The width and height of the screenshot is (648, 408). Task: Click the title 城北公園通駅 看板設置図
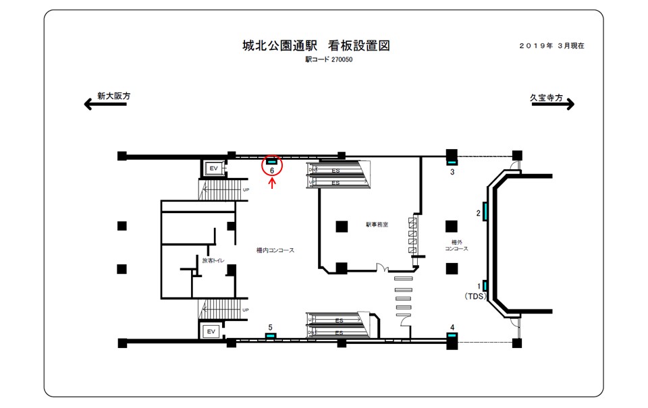(316, 46)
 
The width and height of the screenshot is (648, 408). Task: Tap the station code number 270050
(342, 59)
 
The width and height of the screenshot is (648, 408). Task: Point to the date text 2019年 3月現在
(551, 46)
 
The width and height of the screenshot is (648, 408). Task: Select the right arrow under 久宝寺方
(552, 105)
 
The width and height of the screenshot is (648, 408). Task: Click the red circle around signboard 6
(272, 166)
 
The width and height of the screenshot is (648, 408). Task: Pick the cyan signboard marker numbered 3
(452, 162)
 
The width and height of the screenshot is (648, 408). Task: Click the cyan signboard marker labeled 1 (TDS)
(485, 286)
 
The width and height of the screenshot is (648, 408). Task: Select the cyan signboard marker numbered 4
(452, 334)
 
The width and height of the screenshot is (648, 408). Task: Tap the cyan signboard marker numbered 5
(271, 335)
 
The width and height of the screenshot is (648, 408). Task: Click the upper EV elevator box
(213, 167)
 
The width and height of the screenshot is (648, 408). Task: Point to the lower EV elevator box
(211, 331)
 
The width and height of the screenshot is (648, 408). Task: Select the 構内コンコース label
(275, 250)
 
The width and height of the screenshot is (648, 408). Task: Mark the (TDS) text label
(476, 296)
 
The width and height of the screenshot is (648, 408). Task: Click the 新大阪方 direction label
(113, 96)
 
